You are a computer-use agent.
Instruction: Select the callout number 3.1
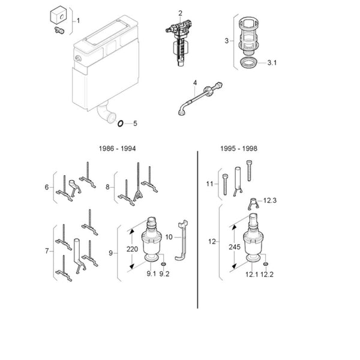[x=272, y=62]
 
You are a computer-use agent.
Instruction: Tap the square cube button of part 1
[x=58, y=14]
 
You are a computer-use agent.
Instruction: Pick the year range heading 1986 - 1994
[x=117, y=149]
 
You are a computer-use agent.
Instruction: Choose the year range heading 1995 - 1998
[x=239, y=149]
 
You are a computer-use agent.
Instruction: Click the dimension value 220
[x=132, y=249]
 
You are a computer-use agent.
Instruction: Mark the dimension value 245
[x=235, y=247]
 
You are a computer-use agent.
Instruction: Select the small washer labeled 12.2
[x=266, y=265]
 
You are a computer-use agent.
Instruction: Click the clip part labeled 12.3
[x=253, y=203]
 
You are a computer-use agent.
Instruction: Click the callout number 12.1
[x=251, y=275]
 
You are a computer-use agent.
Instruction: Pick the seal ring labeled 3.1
[x=248, y=64]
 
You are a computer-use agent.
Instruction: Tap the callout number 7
[x=47, y=251]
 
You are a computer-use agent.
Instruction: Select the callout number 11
[x=209, y=184]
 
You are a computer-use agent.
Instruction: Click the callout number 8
[x=107, y=187]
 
